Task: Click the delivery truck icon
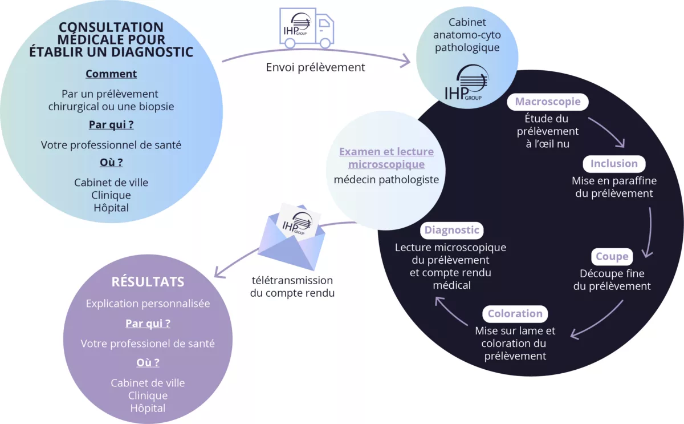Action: tap(306, 28)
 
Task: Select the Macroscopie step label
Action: tap(548, 102)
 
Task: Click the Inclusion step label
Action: tap(614, 164)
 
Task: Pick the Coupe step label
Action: tap(612, 256)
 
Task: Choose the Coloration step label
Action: tap(515, 313)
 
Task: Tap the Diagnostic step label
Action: tap(451, 230)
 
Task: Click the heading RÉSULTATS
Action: tap(148, 281)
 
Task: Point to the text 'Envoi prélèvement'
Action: tap(315, 67)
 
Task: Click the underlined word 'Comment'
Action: tap(111, 74)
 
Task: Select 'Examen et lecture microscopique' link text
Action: tap(386, 158)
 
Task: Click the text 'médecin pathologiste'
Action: tap(386, 180)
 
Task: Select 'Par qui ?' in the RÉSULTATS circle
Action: tap(148, 324)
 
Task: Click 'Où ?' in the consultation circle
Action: tap(111, 162)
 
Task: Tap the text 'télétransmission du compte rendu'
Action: tap(292, 287)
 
